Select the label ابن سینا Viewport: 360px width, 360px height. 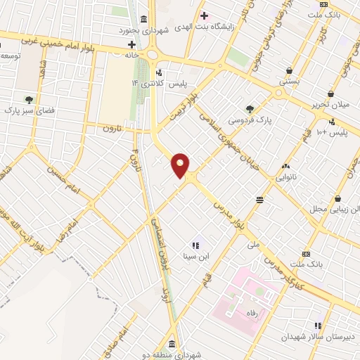pos(196,257)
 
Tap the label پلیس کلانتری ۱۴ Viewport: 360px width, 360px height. pos(158,83)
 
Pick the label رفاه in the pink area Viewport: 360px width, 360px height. pos(250,313)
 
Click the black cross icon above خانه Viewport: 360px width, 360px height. pos(131,44)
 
